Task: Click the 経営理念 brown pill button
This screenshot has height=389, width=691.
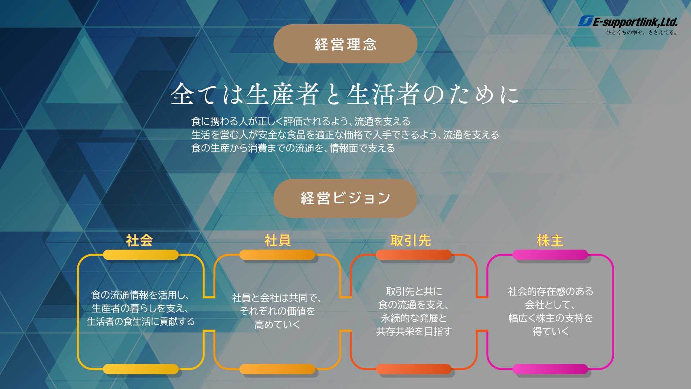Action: tap(345, 44)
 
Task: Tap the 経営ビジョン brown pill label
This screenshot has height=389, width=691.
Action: tap(345, 198)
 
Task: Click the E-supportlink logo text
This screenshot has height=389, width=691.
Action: tap(635, 22)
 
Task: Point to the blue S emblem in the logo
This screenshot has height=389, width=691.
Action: tap(585, 21)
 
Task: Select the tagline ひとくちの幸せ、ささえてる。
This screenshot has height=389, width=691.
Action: tap(642, 32)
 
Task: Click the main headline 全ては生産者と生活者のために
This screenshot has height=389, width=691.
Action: tap(344, 94)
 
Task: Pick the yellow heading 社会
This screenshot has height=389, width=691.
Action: tap(140, 240)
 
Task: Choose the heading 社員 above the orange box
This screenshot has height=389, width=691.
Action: tap(277, 240)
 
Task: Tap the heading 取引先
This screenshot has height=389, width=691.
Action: tap(411, 240)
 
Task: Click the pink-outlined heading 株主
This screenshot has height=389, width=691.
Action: tap(550, 240)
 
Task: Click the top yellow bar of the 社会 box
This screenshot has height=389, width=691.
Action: tap(141, 255)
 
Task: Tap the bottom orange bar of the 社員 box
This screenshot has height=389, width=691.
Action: tap(277, 369)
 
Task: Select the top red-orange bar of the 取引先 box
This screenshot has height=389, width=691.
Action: tap(414, 255)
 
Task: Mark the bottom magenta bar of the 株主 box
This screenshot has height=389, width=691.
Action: tap(550, 369)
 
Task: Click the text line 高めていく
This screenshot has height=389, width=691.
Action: tap(277, 325)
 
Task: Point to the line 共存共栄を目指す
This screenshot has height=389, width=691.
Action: tap(414, 331)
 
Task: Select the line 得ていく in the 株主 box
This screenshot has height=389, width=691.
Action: tap(551, 331)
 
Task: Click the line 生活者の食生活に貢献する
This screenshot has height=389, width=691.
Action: tap(141, 321)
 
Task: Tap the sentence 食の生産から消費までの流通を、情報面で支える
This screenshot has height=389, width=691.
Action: tap(293, 148)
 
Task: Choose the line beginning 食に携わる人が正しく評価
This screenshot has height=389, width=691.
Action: tap(301, 121)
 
